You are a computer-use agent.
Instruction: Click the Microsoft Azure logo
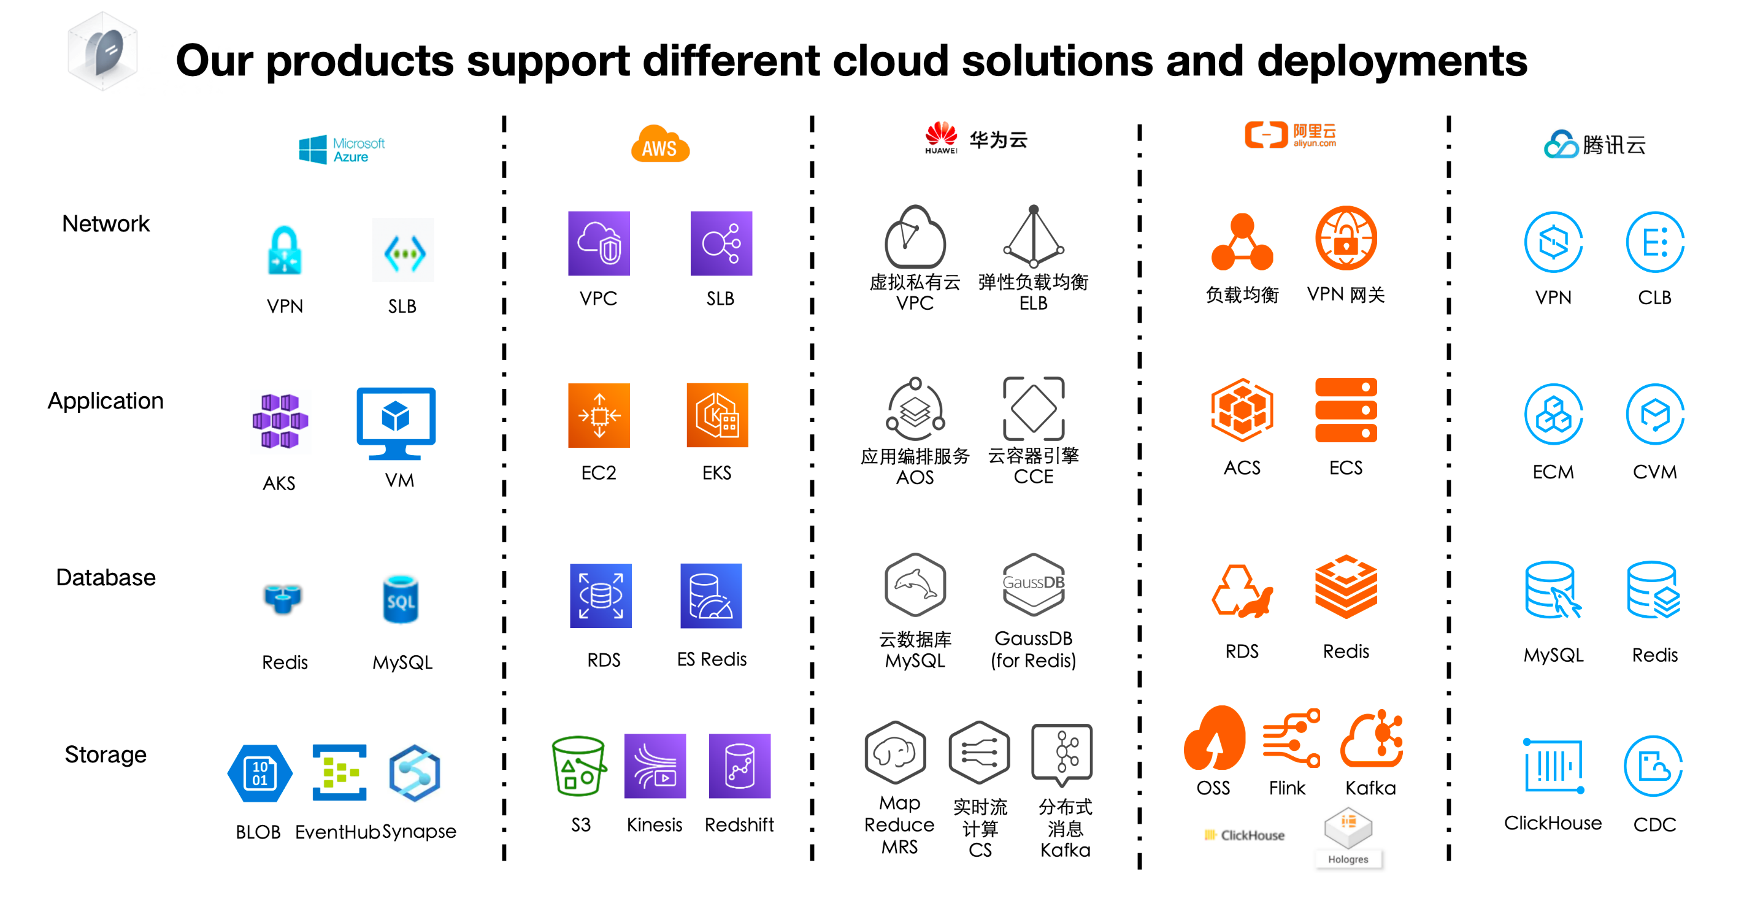tap(342, 149)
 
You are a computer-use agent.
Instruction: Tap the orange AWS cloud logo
tap(660, 144)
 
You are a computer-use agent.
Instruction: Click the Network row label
tap(106, 224)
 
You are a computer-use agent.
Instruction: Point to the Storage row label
tap(106, 754)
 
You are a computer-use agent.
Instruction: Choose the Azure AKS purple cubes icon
tap(280, 421)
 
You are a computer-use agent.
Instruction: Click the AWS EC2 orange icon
tap(599, 415)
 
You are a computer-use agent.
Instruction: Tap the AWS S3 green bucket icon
tap(579, 766)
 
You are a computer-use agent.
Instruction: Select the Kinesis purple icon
tap(655, 766)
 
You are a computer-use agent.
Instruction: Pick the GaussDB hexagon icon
tap(1034, 585)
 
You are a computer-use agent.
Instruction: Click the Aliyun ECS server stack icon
tap(1345, 410)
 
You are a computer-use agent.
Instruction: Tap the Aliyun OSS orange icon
tap(1214, 739)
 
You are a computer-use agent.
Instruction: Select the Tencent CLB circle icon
tap(1654, 242)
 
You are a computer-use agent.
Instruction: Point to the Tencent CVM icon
tap(1654, 414)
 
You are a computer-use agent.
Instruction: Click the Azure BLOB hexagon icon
tap(259, 773)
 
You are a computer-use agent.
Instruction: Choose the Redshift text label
tap(739, 825)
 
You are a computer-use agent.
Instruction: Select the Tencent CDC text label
tap(1654, 825)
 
